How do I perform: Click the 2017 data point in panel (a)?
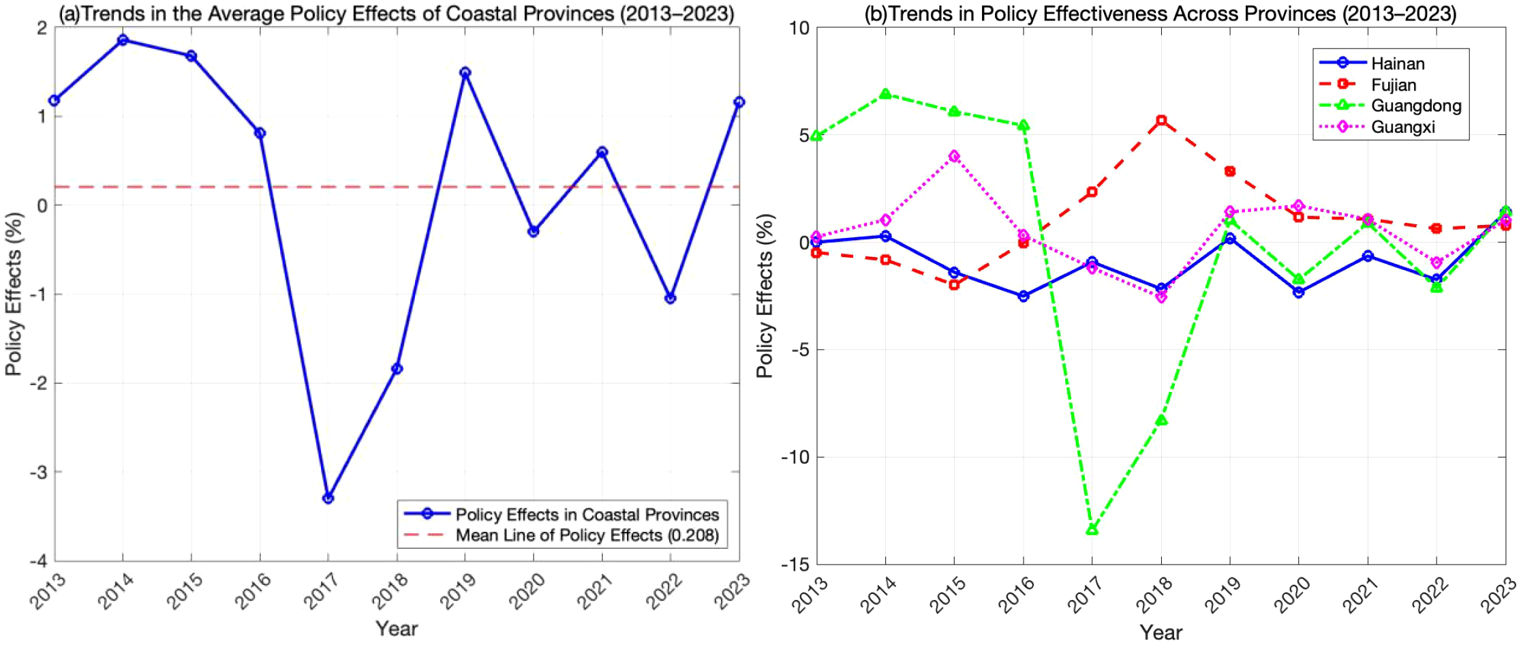(x=328, y=498)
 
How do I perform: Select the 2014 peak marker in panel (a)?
(x=123, y=40)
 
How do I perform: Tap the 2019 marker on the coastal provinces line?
(x=465, y=72)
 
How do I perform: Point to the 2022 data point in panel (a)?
(x=670, y=299)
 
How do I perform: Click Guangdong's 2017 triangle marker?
(x=1092, y=530)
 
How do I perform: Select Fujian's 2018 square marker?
(x=1161, y=121)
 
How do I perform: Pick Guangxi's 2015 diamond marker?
(x=954, y=156)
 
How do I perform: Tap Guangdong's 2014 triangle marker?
(x=885, y=94)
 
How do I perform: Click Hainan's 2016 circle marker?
(x=1023, y=296)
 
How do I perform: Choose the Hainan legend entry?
(x=1397, y=63)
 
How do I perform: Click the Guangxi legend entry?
(x=1402, y=127)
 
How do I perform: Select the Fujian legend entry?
(x=1393, y=85)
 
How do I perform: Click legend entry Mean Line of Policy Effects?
(x=586, y=535)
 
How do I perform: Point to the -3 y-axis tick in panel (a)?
(x=39, y=472)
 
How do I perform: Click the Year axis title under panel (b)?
(x=1161, y=632)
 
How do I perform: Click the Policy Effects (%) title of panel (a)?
(x=14, y=294)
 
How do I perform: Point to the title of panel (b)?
(x=1160, y=13)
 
